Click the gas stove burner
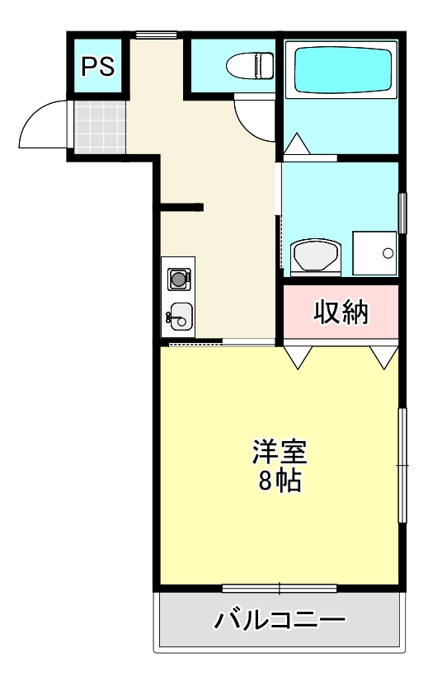[x=178, y=279]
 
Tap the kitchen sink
[x=180, y=315]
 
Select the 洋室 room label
[x=280, y=453]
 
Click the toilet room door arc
[x=252, y=115]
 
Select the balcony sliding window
[x=280, y=588]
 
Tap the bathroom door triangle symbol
[x=298, y=143]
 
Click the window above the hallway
[x=156, y=34]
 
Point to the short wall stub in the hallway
[x=181, y=207]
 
